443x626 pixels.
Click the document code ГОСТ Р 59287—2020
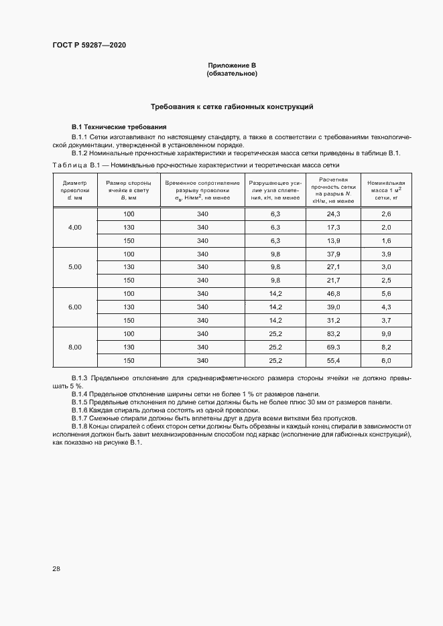88,46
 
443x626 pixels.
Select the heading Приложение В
233,65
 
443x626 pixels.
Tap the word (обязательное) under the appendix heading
233,73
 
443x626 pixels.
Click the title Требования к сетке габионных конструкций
232,106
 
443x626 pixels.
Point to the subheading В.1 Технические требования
119,127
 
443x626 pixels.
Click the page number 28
56,568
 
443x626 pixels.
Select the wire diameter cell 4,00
74,228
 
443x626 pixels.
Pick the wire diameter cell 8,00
74,347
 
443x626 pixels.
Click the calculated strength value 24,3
333,214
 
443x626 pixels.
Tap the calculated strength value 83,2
333,333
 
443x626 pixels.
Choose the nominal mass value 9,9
386,333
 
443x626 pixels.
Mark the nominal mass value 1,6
386,240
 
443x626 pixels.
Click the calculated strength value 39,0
333,307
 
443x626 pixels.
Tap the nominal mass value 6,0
386,360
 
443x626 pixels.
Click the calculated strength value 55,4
333,360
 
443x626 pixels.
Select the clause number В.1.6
80,410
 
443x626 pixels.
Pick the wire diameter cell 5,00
74,267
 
